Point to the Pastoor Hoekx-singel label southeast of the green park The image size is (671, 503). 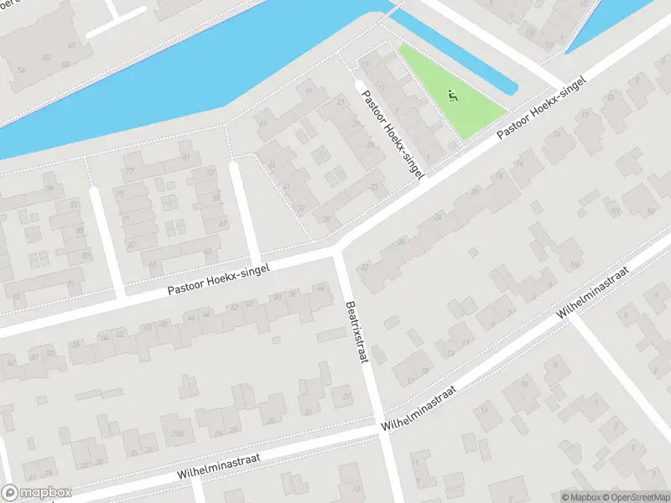point(542,107)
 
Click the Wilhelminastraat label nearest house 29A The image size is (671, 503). point(220,468)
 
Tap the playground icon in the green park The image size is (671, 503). point(454,96)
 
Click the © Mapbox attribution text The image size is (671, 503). point(579,496)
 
